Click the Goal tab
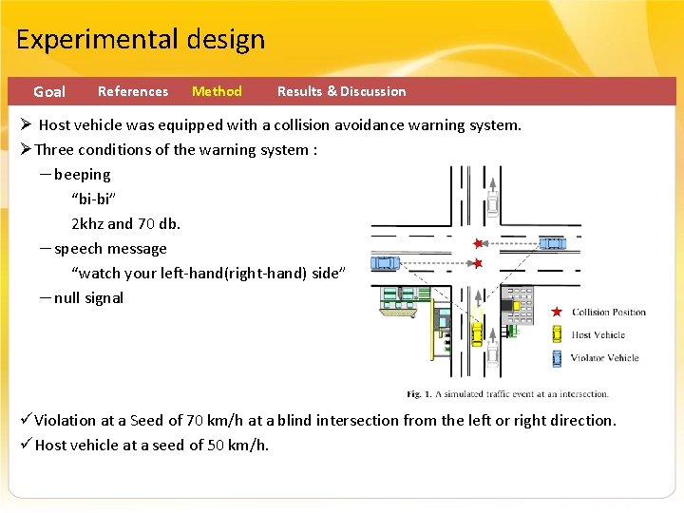point(49,92)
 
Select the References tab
point(133,91)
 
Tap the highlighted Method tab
point(217,91)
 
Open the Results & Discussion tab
point(341,91)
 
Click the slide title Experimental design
point(141,40)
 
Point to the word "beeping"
point(82,175)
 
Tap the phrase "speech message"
point(110,249)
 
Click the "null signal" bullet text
point(88,298)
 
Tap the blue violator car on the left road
point(385,262)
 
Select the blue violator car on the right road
point(552,243)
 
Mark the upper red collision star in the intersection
point(478,243)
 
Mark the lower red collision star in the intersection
point(478,263)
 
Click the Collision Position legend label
point(608,313)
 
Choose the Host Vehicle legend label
point(598,334)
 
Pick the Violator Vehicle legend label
point(603,358)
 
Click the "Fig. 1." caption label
point(421,393)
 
